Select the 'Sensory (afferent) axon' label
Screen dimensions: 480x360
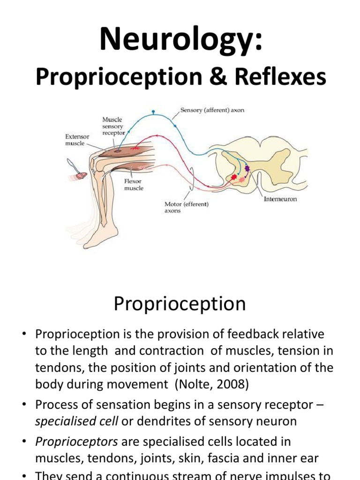tap(212, 111)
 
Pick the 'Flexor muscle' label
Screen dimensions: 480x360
tap(134, 184)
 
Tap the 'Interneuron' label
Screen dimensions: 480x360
tap(280, 199)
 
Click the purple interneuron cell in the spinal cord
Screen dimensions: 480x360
tap(247, 168)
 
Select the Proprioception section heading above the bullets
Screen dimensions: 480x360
tap(180, 304)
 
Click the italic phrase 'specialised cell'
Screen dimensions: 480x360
tap(77, 421)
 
